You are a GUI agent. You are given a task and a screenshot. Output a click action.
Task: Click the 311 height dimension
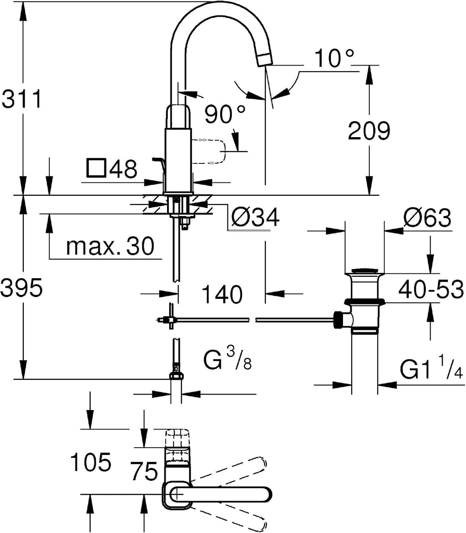pyautogui.click(x=22, y=99)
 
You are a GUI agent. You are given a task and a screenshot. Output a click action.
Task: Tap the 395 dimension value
pyautogui.click(x=22, y=287)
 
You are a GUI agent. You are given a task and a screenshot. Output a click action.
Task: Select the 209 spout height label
pyautogui.click(x=369, y=131)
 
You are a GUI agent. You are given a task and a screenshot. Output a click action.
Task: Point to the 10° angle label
pyautogui.click(x=334, y=58)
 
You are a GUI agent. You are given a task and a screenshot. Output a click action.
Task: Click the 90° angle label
pyautogui.click(x=225, y=114)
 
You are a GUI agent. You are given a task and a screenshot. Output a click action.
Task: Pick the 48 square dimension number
pyautogui.click(x=123, y=169)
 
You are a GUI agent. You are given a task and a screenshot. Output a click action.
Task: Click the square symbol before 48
pyautogui.click(x=96, y=168)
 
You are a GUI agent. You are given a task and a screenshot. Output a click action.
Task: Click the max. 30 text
pyautogui.click(x=110, y=246)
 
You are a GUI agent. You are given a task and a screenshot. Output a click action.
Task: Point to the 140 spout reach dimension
pyautogui.click(x=222, y=295)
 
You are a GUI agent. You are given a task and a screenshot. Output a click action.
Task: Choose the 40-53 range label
pyautogui.click(x=431, y=289)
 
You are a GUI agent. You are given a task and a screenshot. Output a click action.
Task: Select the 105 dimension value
pyautogui.click(x=91, y=462)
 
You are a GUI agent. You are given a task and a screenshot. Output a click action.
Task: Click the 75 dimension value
pyautogui.click(x=145, y=471)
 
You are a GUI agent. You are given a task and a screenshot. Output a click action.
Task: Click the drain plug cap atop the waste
pyautogui.click(x=364, y=271)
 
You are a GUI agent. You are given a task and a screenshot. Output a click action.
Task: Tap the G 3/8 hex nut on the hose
pyautogui.click(x=176, y=376)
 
